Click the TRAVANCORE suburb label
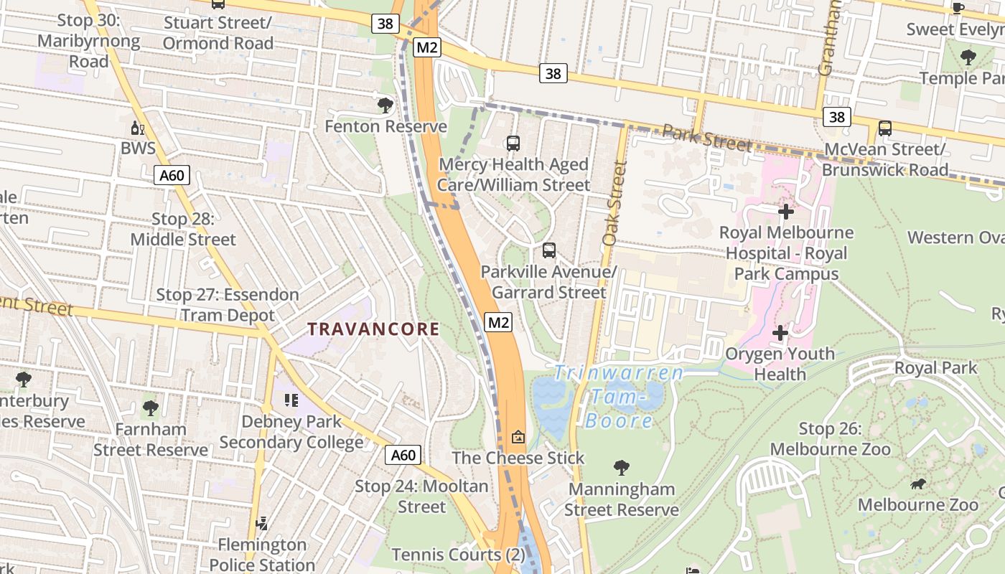pos(373,329)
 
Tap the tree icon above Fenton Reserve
pos(385,105)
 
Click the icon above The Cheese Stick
pos(518,436)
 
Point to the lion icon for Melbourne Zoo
pos(917,484)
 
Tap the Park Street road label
pos(706,137)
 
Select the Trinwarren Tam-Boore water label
pos(618,396)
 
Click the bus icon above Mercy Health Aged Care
pos(513,143)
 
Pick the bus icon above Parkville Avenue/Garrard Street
pos(549,250)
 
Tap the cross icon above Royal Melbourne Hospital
pos(786,212)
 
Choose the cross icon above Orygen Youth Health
pos(780,333)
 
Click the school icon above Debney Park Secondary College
pos(291,400)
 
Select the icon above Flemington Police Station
pos(262,523)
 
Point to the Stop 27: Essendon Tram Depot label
pos(228,305)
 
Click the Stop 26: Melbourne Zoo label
pos(830,439)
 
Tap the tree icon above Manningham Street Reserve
pos(622,468)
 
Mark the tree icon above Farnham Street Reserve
pos(151,408)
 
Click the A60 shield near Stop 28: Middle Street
pos(172,174)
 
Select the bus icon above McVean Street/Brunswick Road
pos(885,128)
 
